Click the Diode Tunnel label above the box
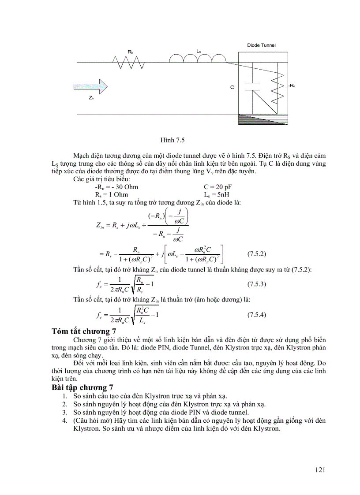262,45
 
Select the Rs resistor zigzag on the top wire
129,62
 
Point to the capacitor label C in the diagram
232,88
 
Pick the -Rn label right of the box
291,86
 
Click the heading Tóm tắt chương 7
84,331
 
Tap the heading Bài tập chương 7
82,388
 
